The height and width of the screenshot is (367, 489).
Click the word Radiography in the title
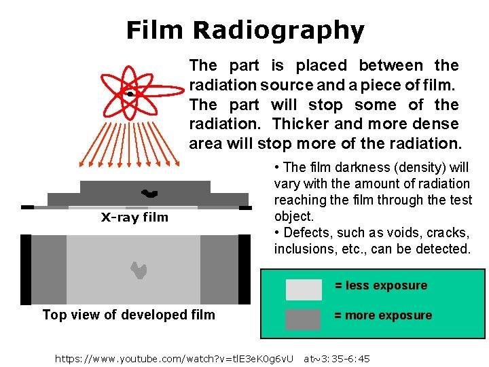tap(278, 31)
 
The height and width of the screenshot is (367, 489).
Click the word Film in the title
tap(155, 31)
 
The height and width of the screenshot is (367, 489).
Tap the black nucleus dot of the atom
tap(128, 93)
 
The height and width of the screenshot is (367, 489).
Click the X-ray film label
tap(134, 217)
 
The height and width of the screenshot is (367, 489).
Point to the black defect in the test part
tap(149, 194)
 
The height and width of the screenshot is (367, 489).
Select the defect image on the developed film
tap(139, 270)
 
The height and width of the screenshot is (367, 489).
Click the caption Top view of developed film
tap(128, 315)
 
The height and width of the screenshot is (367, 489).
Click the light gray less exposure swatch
tap(303, 290)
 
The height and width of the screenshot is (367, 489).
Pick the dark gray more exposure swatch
tap(303, 319)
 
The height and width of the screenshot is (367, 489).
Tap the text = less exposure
tap(381, 285)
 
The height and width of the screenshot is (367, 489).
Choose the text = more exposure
tap(383, 315)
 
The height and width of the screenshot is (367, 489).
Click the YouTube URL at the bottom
tap(174, 358)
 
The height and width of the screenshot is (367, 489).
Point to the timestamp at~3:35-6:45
tap(337, 358)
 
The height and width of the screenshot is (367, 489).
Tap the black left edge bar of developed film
tap(26, 269)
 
